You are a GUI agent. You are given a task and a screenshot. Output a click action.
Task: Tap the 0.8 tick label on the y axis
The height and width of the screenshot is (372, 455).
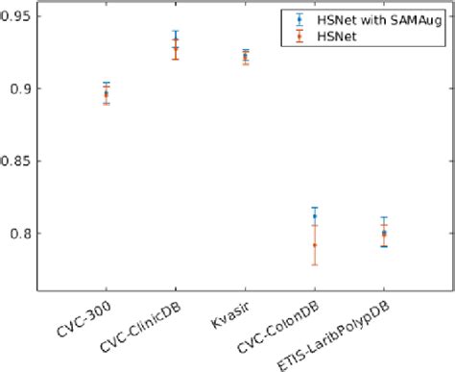[x=24, y=234]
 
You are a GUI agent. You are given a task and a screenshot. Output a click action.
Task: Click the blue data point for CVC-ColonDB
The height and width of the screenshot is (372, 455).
[x=315, y=216]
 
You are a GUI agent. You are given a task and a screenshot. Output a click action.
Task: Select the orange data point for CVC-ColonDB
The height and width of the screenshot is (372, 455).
[x=315, y=245]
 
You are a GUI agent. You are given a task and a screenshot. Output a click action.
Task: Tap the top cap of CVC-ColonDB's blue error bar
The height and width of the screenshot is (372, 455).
[x=315, y=208]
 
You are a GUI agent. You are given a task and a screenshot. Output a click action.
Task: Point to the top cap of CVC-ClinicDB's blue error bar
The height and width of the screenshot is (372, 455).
[x=175, y=31]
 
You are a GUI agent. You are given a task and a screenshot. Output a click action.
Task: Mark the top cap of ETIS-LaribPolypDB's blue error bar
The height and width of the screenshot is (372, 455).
[x=384, y=217]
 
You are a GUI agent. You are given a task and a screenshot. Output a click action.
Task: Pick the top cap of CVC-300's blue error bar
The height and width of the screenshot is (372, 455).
[x=106, y=83]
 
